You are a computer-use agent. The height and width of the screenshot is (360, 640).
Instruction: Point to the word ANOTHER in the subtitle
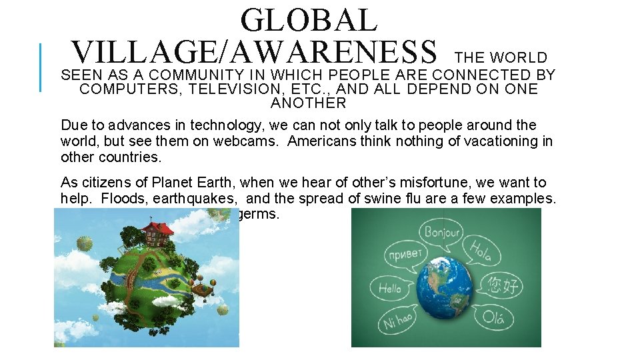coord(309,103)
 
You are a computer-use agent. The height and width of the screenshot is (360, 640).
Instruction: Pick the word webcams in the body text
coord(253,141)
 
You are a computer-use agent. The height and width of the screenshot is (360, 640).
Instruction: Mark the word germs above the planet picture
coord(259,215)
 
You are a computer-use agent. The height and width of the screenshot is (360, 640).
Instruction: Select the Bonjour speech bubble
coord(441,233)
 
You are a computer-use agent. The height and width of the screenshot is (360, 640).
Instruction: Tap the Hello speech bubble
coord(390,289)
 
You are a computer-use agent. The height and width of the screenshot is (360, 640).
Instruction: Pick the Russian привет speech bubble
coord(405,254)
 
